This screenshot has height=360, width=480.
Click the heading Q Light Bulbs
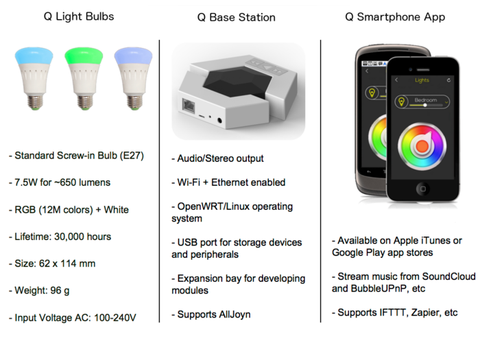point(79,16)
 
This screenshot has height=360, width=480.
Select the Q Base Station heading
point(237,17)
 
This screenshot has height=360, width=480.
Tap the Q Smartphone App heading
point(395,17)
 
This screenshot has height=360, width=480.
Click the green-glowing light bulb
point(84,78)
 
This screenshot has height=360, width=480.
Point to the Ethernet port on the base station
point(189,106)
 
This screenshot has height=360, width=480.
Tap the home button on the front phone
point(422,189)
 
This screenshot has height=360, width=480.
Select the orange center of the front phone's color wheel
point(422,146)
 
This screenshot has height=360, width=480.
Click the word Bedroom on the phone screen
point(426,100)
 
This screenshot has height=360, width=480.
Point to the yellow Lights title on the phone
point(422,80)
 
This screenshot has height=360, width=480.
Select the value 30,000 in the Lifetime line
point(69,237)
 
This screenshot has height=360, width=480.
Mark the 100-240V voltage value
point(115,317)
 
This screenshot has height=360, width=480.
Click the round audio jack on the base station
point(219,121)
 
